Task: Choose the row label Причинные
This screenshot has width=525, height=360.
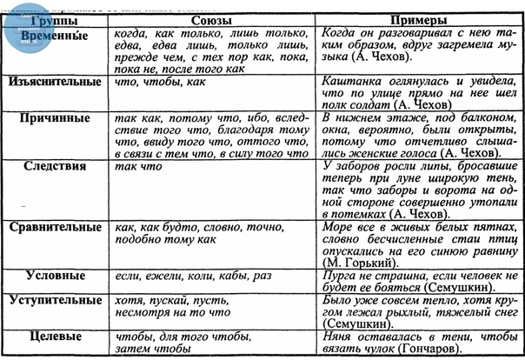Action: pyautogui.click(x=56, y=118)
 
